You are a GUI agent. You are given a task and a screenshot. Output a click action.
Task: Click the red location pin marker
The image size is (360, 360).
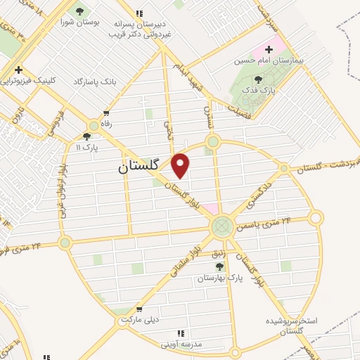click(181, 165)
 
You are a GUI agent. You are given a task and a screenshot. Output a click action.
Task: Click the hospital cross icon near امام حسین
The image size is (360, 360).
click(269, 49)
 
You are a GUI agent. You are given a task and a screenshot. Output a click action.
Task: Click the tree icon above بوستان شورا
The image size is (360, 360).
click(79, 11)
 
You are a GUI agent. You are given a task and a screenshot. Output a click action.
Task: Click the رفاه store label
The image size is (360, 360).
click(106, 124)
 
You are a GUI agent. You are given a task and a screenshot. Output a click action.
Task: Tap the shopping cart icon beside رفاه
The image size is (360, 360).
click(106, 113)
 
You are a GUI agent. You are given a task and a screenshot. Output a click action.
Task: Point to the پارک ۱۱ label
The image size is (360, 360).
click(87, 148)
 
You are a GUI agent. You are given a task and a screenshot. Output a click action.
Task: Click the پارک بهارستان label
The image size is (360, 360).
click(220, 278)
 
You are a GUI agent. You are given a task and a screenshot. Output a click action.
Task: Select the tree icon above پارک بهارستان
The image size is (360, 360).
click(219, 266)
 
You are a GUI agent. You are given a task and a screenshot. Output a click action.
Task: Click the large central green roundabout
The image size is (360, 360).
click(221, 226)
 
